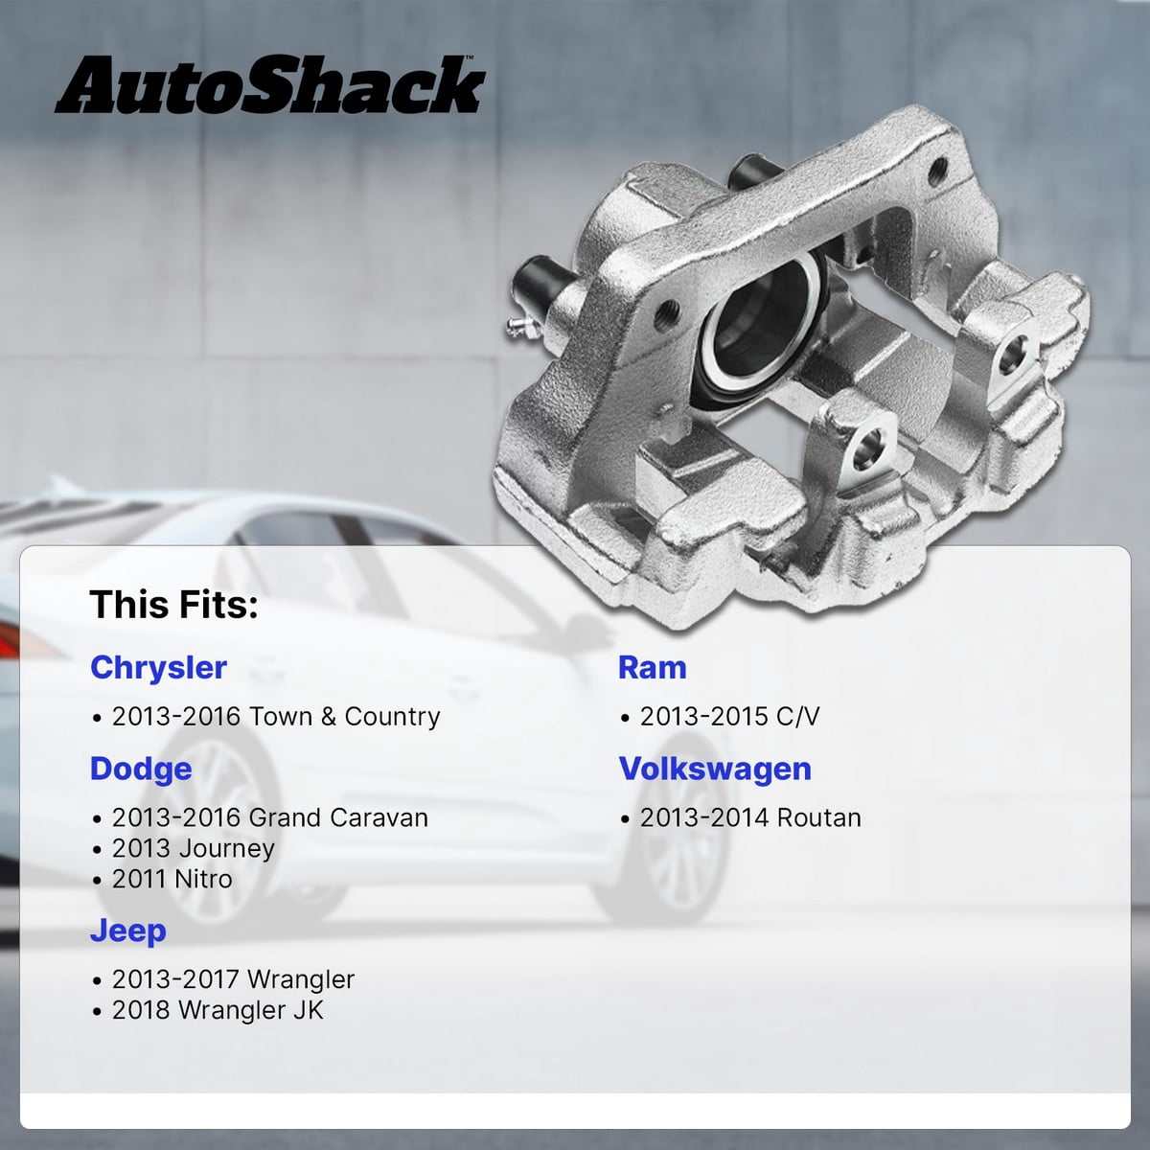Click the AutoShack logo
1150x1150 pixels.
pos(269,84)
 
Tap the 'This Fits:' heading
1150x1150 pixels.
pos(173,605)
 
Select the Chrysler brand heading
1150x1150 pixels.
pos(159,667)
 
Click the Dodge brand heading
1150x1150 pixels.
pos(141,769)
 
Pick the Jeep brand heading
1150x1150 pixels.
pos(127,931)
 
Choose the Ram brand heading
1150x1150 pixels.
pos(653,667)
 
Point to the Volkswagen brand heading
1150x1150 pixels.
pos(715,769)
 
